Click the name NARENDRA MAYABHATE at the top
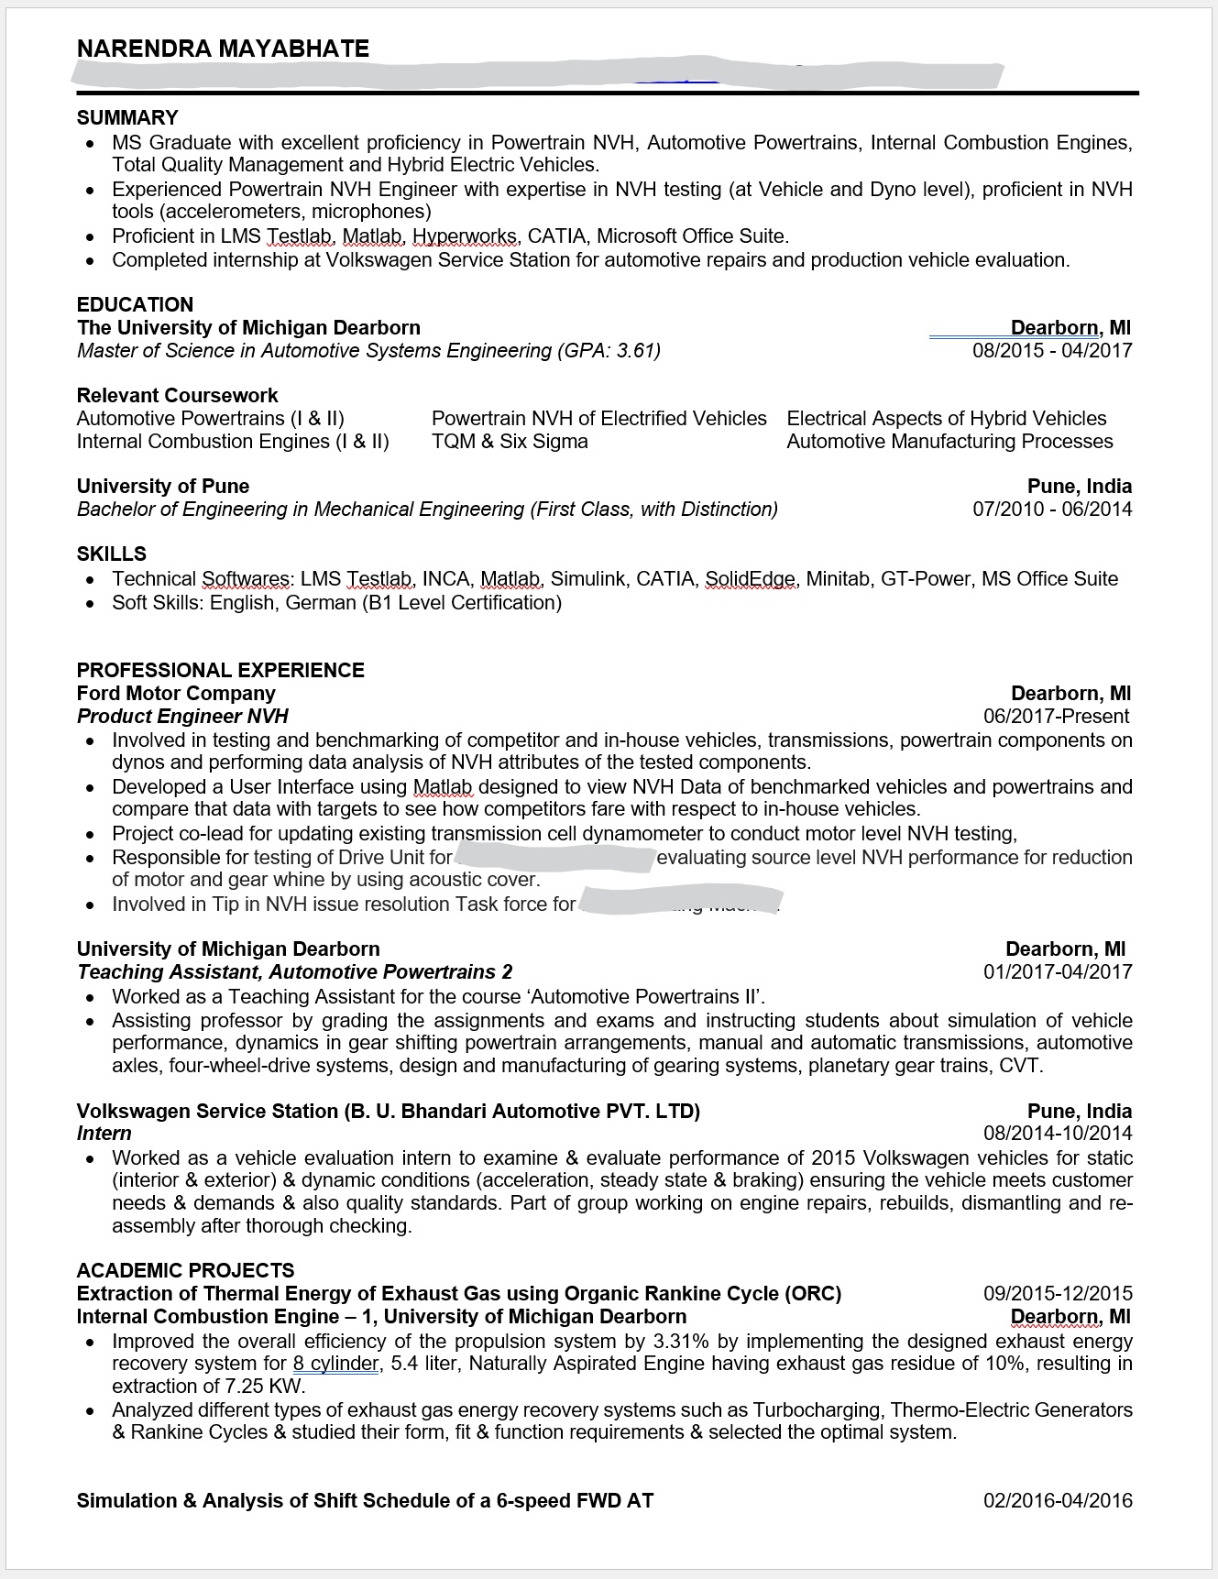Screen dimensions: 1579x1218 [223, 49]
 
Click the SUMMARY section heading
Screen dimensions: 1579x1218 [127, 118]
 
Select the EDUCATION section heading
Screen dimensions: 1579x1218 [135, 305]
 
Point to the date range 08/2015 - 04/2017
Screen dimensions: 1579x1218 [1052, 351]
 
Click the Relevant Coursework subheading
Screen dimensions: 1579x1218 [177, 396]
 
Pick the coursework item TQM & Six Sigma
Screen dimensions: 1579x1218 [510, 442]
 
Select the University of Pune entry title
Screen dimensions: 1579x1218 [163, 487]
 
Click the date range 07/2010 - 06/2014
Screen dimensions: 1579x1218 [1052, 510]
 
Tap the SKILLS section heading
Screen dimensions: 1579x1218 [112, 554]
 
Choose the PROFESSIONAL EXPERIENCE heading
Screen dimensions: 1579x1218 [220, 671]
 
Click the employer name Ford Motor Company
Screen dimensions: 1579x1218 [176, 694]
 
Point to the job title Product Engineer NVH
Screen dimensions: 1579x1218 [182, 717]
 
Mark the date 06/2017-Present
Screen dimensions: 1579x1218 [1056, 717]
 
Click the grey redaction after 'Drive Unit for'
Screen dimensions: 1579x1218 [554, 859]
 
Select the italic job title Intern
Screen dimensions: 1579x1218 [104, 1134]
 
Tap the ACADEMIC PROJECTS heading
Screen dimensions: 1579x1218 [185, 1271]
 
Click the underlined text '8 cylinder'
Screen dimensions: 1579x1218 [335, 1364]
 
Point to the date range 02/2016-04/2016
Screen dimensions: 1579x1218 [1058, 1501]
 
